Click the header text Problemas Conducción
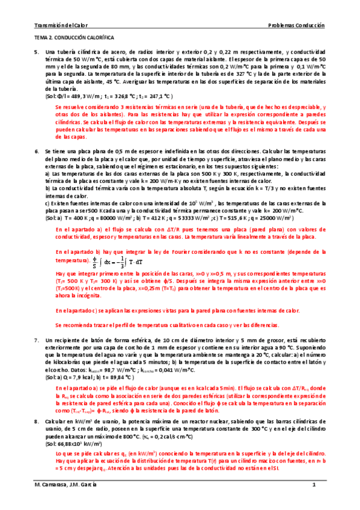(x=296, y=26)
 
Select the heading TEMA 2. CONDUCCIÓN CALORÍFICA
(x=74, y=38)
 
